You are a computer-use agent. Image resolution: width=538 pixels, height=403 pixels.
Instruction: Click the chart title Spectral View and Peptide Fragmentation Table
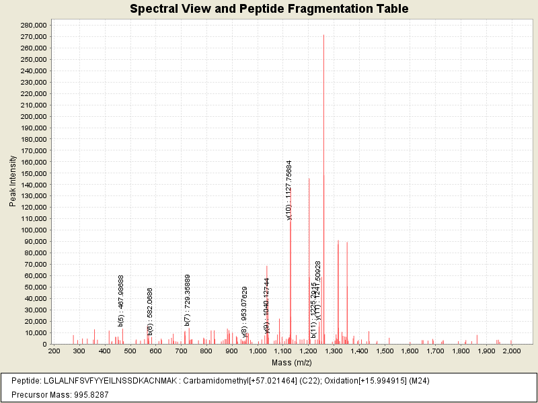point(269,9)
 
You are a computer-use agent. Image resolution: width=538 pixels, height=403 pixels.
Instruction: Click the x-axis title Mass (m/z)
point(291,363)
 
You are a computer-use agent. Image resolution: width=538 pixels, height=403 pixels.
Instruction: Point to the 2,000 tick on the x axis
point(511,351)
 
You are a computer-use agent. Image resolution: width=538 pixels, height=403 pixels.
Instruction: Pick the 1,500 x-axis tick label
point(384,351)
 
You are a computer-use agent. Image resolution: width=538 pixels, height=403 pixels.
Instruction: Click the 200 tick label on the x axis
point(54,351)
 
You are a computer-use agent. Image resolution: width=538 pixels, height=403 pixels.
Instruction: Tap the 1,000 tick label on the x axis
point(257,351)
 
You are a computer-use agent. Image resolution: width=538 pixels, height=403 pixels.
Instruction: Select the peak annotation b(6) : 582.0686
point(151,312)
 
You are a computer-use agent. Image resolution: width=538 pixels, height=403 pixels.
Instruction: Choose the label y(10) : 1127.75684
point(290,190)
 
